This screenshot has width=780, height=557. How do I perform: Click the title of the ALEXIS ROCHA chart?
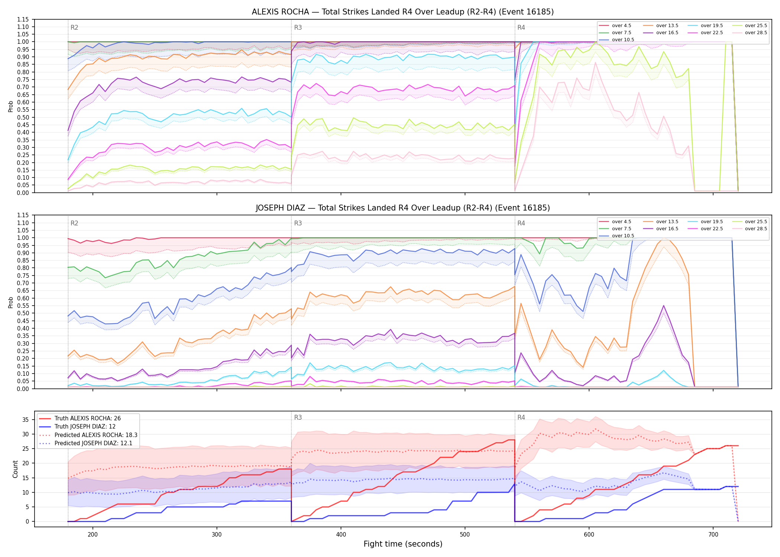(403, 12)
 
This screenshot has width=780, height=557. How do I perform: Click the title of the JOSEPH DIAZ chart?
(403, 208)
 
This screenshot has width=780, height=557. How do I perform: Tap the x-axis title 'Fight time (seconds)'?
(403, 544)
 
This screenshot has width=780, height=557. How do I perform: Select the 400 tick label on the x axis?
(341, 534)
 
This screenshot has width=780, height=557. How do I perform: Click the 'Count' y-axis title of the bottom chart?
(16, 469)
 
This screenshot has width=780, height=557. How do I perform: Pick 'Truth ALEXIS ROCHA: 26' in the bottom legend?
(88, 418)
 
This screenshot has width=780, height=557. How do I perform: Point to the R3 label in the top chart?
(298, 27)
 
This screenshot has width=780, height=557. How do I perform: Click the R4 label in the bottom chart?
(521, 417)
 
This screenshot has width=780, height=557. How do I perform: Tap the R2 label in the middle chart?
(74, 223)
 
